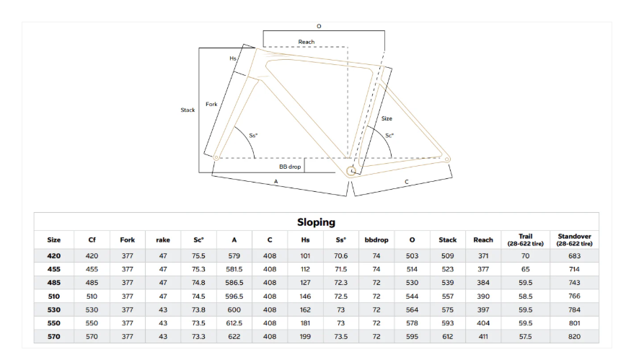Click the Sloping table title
317,222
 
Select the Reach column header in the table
483,240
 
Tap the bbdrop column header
376,240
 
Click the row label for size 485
54,283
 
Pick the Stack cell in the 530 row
448,310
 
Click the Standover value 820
574,337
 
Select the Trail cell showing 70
525,256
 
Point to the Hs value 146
305,297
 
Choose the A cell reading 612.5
234,323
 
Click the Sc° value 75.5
198,256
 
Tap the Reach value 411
483,337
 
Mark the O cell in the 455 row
412,270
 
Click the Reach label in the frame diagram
306,42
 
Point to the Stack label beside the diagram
188,110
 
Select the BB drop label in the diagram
290,167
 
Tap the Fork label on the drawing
211,105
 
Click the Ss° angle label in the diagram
253,136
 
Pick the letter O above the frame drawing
319,26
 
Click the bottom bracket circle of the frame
351,171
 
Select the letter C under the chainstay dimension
407,182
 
